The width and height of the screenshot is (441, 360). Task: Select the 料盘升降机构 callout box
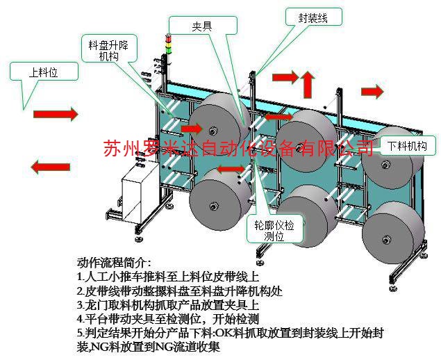click(x=109, y=49)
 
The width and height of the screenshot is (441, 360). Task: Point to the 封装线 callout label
click(x=313, y=18)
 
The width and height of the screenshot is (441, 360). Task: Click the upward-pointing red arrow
click(x=306, y=83)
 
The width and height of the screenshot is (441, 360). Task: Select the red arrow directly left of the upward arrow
click(x=283, y=75)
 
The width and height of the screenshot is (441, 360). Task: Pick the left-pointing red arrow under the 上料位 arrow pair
click(x=53, y=166)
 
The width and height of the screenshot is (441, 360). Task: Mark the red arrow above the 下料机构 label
click(x=372, y=91)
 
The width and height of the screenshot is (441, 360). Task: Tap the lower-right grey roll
click(x=392, y=234)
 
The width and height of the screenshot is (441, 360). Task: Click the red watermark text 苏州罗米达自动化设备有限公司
click(x=238, y=147)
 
